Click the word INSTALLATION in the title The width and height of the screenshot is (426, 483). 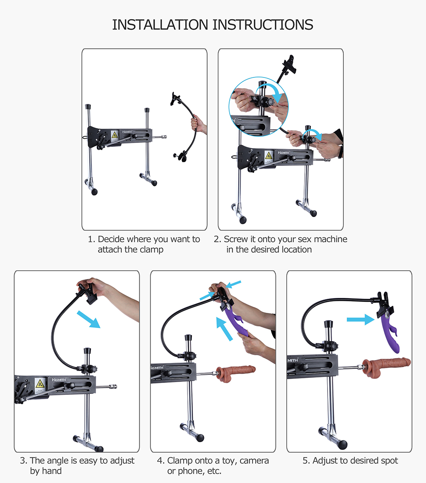160,25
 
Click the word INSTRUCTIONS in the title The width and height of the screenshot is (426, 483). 263,25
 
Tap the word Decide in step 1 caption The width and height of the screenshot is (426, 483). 111,239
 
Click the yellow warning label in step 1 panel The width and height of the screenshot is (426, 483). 115,134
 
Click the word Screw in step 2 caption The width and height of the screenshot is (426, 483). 236,239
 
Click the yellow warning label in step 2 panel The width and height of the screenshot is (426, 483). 269,155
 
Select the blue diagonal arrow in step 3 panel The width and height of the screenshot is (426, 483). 89,319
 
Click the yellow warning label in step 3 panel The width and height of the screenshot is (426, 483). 40,383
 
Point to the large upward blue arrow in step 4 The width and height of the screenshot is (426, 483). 224,329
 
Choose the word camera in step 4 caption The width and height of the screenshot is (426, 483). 254,461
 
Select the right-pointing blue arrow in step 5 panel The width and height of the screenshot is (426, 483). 360,320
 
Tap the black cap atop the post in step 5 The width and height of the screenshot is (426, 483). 328,324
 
